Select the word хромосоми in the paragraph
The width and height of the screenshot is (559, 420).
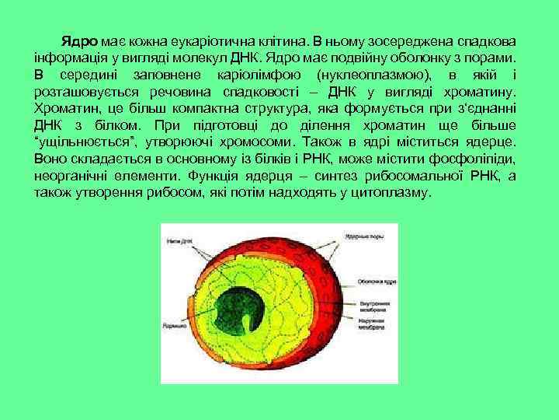click(x=257, y=143)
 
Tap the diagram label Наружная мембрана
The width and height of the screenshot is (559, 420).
click(x=372, y=324)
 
